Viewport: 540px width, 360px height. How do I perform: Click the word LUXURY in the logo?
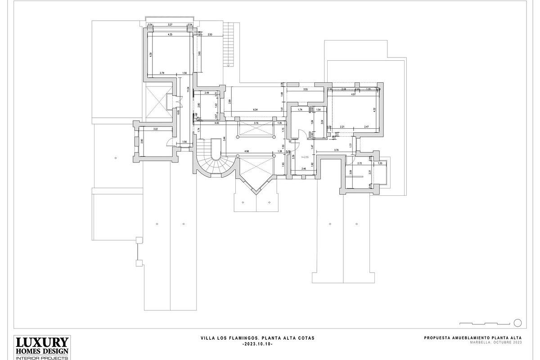coord(42,342)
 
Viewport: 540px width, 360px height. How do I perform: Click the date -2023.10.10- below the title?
coord(257,344)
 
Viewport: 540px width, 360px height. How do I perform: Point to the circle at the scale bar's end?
coord(517,323)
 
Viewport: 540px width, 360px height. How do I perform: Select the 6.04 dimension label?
coord(255,110)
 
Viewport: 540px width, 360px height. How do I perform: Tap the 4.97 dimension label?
coord(354,94)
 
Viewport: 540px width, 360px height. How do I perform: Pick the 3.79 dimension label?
coord(336,150)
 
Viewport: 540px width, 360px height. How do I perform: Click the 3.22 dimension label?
coord(155,130)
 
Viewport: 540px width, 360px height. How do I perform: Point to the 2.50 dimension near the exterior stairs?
coord(210,35)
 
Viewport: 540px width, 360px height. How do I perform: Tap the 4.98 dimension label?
coord(246,152)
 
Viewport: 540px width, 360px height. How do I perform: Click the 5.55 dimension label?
coord(306,90)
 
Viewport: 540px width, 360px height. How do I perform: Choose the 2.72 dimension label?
coord(360,163)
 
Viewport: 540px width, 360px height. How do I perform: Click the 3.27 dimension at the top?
coord(170,25)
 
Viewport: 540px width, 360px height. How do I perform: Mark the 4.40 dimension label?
coord(216,123)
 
